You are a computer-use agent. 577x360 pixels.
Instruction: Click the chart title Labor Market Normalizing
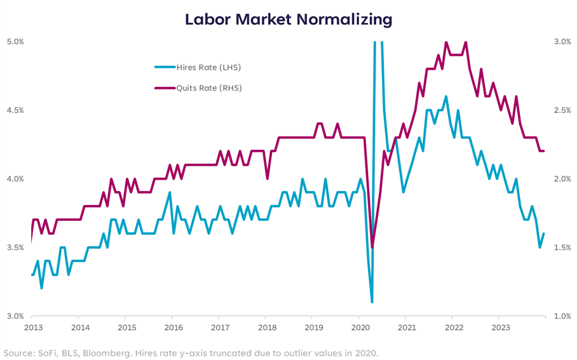(x=288, y=20)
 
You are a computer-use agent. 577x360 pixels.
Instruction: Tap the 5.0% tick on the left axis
(x=15, y=41)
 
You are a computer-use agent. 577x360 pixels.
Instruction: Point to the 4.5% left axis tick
(x=15, y=110)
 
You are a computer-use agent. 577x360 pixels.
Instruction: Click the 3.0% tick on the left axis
(x=15, y=316)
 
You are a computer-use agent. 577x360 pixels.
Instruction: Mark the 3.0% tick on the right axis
(x=561, y=41)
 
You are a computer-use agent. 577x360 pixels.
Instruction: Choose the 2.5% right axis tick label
(x=561, y=110)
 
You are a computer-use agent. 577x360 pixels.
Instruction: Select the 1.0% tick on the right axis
(x=561, y=316)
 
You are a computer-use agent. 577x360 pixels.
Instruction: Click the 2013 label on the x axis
(x=33, y=328)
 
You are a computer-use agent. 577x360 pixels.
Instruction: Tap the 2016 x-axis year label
(x=173, y=328)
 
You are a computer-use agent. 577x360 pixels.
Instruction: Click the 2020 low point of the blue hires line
(x=372, y=302)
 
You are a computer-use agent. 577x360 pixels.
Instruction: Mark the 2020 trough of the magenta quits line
(x=372, y=246)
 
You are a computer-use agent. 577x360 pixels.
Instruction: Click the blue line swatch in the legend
(x=165, y=67)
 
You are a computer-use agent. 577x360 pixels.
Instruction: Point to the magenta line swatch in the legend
(x=165, y=88)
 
